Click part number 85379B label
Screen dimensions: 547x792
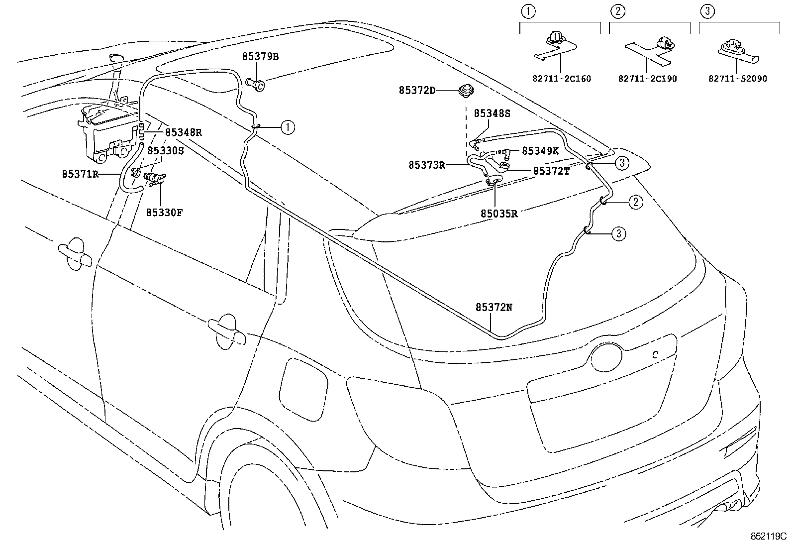point(260,57)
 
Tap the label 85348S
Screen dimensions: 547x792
point(492,113)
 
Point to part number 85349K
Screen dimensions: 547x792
point(540,150)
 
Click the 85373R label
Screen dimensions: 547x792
point(427,165)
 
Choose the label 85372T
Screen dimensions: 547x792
point(551,171)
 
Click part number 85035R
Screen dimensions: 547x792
point(499,214)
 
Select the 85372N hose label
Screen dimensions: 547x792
point(494,308)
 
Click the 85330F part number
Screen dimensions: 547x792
point(164,213)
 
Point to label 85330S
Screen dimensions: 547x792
point(165,150)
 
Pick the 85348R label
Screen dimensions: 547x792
point(183,132)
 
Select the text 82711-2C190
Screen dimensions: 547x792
point(647,79)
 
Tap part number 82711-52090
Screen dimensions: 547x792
point(738,79)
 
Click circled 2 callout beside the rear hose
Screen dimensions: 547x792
point(635,202)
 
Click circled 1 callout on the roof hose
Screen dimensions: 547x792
point(287,127)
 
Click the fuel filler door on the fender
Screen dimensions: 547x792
point(302,386)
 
